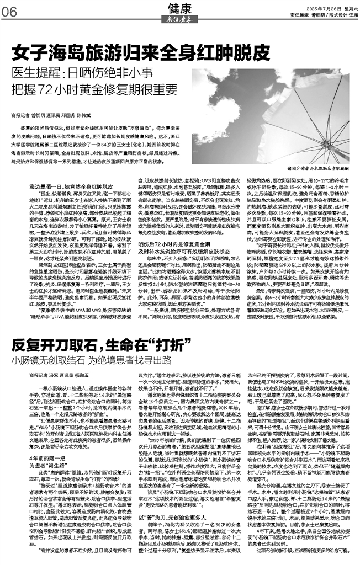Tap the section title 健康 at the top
pyautogui.click(x=179, y=7)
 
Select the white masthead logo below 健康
pyautogui.click(x=179, y=18)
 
